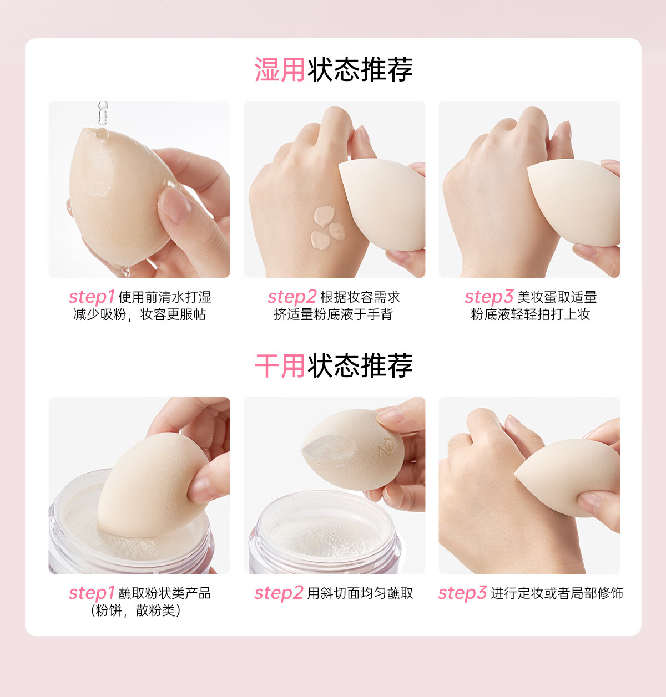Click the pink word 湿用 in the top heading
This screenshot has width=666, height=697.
[279, 69]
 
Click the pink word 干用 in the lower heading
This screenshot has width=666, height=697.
[279, 366]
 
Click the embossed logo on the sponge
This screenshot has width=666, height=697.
[386, 447]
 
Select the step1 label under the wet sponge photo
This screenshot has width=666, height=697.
[92, 297]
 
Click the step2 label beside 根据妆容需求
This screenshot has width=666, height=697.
[292, 297]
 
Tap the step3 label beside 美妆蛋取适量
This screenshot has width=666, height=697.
[489, 297]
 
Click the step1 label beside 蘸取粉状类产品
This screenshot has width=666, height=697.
[92, 593]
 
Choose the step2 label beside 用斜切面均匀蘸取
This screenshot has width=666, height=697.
[279, 593]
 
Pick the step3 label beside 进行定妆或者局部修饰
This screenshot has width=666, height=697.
[462, 593]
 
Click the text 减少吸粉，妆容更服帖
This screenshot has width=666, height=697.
[139, 314]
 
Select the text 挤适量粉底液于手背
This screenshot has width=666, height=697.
[334, 314]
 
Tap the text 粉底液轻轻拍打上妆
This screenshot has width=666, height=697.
[530, 314]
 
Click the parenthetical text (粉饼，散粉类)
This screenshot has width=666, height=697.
[135, 610]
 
